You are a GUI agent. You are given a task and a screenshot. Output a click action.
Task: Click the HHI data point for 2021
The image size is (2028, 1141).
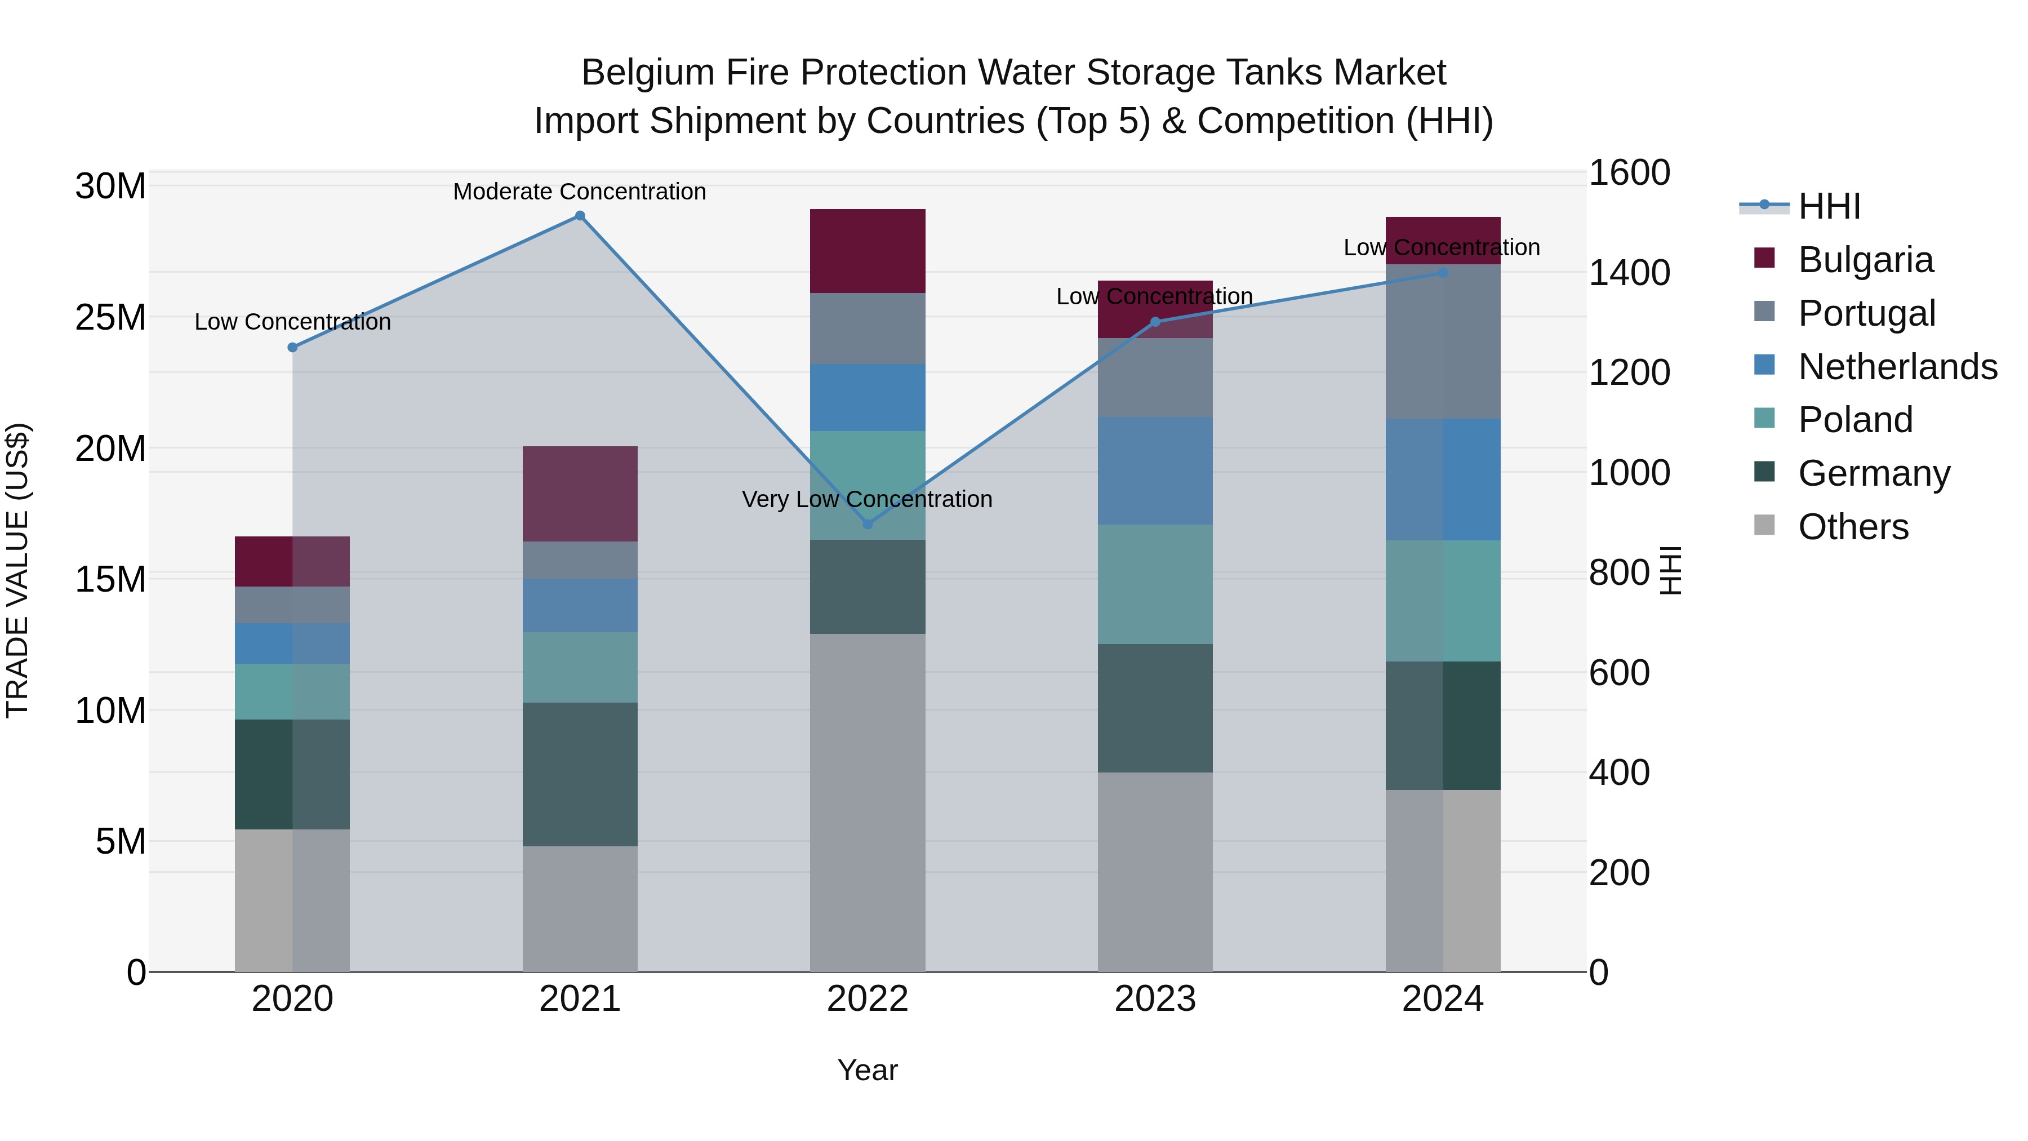click(x=580, y=216)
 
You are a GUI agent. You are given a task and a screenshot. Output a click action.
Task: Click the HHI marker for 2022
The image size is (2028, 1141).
click(x=868, y=523)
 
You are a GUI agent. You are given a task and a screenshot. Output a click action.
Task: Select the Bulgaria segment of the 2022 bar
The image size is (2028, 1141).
click(x=868, y=251)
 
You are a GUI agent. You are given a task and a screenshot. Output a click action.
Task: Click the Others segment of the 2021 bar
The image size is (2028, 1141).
click(x=580, y=909)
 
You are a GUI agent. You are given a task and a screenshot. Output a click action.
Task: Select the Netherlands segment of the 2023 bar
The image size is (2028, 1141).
click(x=1155, y=471)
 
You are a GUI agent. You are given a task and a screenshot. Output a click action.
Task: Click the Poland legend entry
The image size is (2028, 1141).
click(x=1855, y=420)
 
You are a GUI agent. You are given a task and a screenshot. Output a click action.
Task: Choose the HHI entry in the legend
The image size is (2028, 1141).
click(x=1828, y=206)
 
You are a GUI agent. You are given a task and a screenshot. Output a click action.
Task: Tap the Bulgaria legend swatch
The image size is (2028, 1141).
click(x=1764, y=258)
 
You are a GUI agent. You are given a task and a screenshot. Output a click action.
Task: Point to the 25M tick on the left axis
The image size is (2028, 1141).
click(x=110, y=317)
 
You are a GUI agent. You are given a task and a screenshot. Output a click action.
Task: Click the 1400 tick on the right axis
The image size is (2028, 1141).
click(x=1628, y=273)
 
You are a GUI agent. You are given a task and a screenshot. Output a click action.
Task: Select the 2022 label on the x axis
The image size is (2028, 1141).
click(x=868, y=999)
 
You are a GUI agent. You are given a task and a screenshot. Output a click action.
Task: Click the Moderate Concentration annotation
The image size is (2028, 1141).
click(x=580, y=192)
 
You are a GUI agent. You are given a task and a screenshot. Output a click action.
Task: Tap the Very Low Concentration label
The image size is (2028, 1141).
click(x=867, y=499)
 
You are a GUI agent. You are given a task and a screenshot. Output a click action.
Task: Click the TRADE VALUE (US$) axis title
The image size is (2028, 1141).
click(x=17, y=570)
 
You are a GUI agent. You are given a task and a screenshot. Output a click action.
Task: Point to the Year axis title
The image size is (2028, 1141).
click(x=868, y=1070)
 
